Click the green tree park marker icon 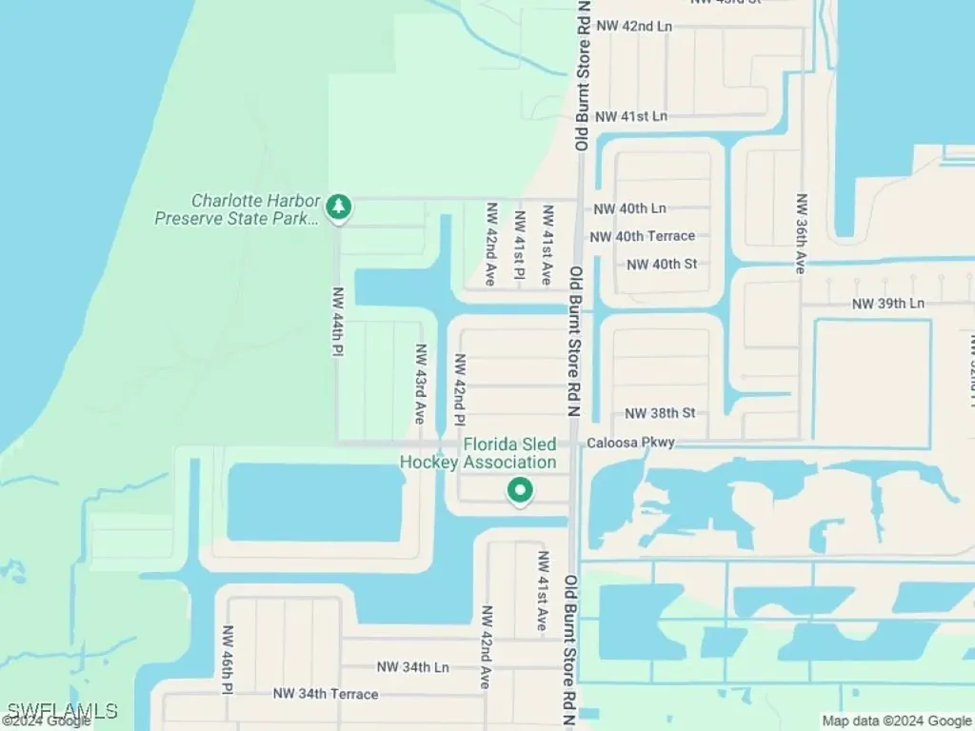tap(338, 206)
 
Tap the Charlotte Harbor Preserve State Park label tap(237, 209)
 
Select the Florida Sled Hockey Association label tap(478, 453)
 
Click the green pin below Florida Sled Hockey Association tap(519, 490)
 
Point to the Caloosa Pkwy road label tap(630, 443)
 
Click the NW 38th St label tap(661, 413)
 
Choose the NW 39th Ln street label tap(887, 304)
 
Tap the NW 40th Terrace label tap(643, 236)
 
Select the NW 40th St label tap(662, 264)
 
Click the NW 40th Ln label tap(630, 208)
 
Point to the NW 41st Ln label tap(631, 116)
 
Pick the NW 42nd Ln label tap(634, 27)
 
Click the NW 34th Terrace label tap(326, 694)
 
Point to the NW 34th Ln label tap(412, 667)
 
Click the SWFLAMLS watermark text tap(63, 710)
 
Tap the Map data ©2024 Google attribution tap(897, 721)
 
